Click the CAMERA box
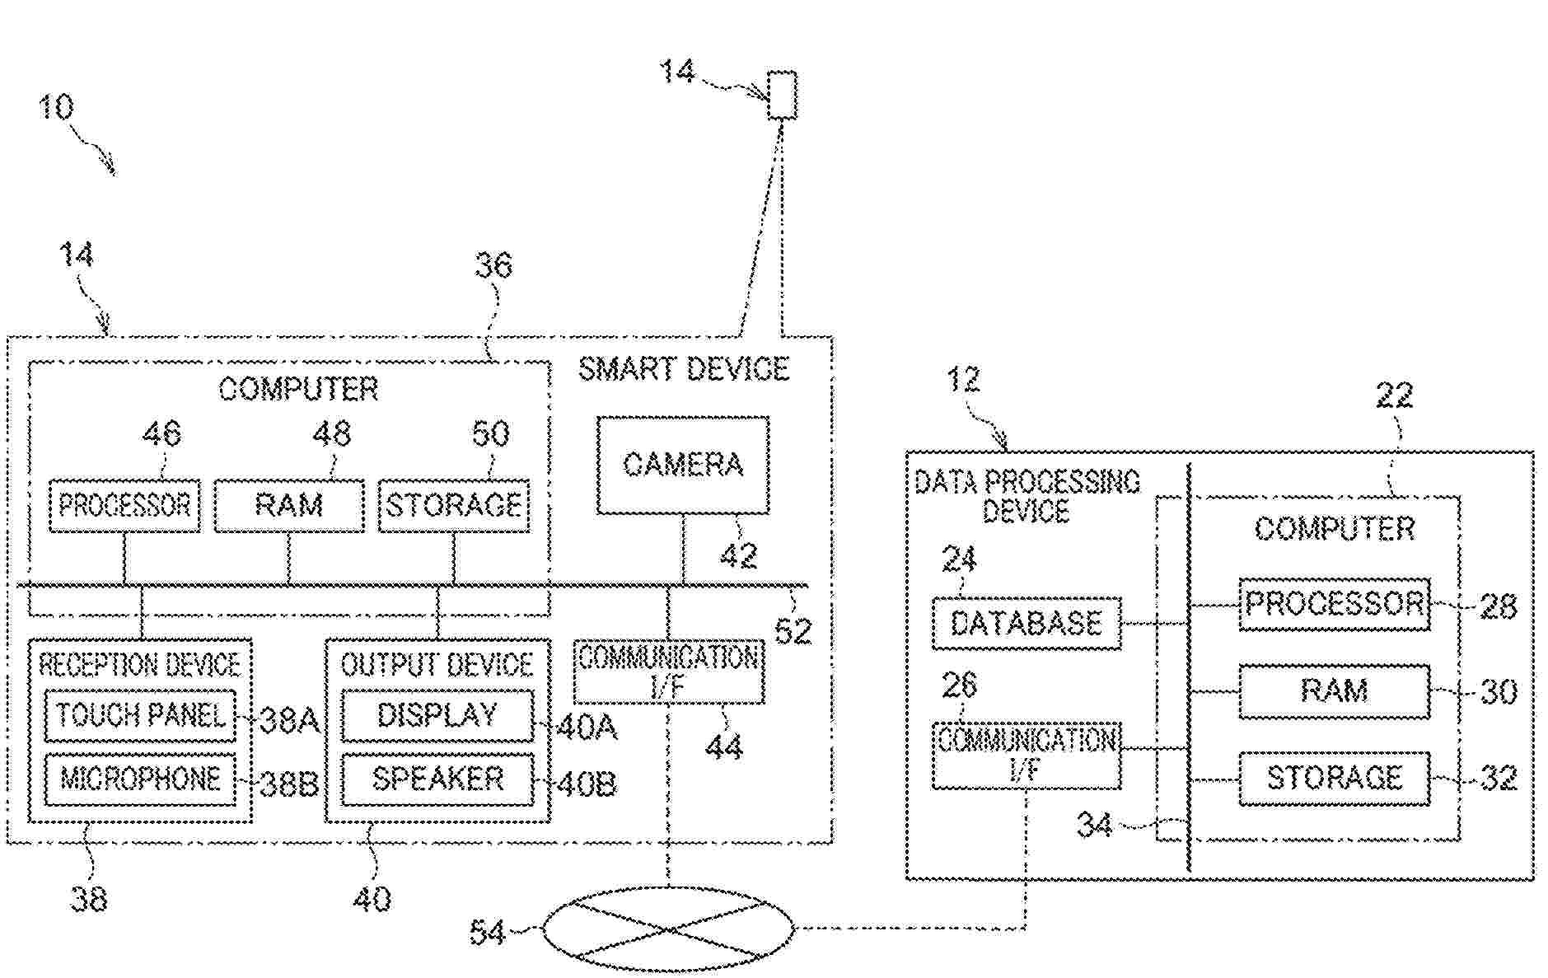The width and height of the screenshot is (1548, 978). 682,466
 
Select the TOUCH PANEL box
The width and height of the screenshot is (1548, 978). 140,715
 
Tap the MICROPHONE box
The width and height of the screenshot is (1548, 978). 140,779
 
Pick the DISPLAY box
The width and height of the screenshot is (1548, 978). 437,715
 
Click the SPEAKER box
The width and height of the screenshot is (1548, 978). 437,779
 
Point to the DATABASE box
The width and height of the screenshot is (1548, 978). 1027,623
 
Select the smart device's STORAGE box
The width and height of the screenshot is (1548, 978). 453,505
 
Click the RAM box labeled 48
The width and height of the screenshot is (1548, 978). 288,505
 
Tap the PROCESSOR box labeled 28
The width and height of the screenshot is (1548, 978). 1334,605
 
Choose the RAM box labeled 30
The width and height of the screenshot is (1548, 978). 1334,690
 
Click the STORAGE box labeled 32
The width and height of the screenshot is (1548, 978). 1334,778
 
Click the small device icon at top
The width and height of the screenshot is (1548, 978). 782,96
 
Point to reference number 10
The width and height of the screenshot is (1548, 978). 56,107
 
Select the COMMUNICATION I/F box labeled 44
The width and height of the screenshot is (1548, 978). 668,671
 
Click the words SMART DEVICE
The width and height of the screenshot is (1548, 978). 684,368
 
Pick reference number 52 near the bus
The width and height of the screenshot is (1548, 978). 793,631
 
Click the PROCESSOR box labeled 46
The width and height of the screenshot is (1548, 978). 124,505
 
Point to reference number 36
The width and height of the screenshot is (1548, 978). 493,265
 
